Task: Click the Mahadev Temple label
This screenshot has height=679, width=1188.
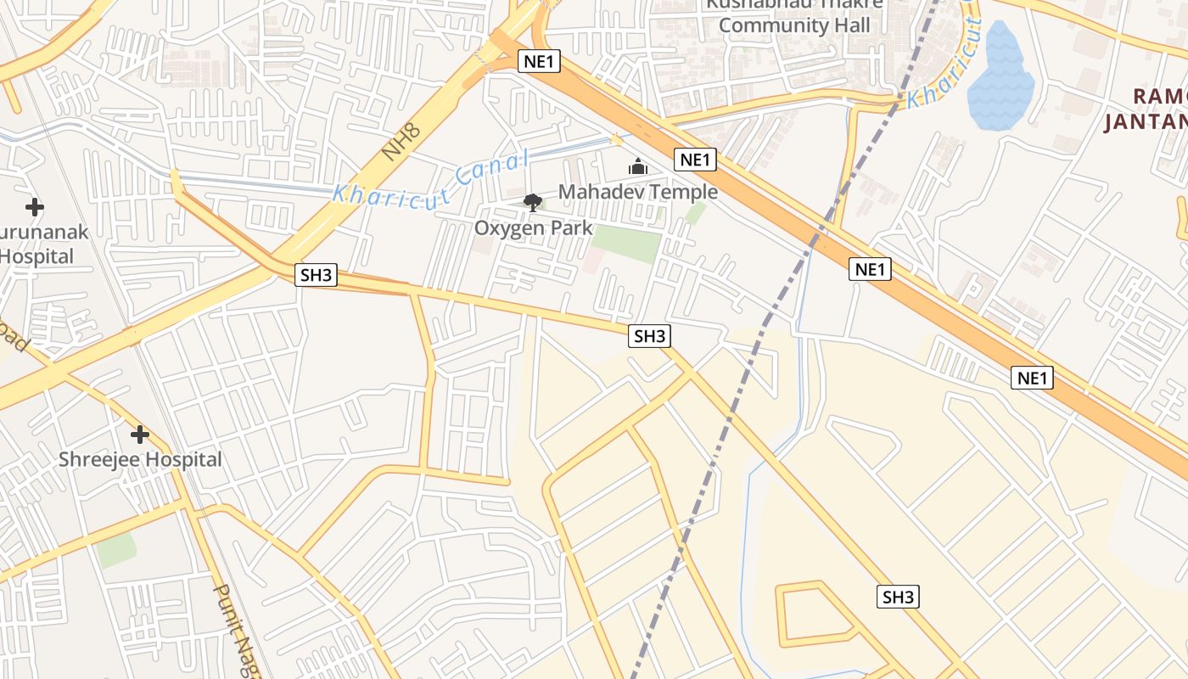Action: coord(638,192)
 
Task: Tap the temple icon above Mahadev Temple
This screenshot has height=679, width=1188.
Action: coord(638,166)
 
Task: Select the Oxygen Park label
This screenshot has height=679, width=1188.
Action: coord(533,227)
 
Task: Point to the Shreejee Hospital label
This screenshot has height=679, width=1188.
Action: coord(140,460)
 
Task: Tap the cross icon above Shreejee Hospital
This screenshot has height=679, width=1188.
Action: coord(140,435)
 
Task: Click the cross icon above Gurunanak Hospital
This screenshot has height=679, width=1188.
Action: coord(35,207)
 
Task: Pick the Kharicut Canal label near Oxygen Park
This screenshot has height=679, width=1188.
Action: coord(430,179)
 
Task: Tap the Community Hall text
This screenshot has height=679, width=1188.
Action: coord(794,25)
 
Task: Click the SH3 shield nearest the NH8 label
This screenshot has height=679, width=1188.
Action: coord(317,275)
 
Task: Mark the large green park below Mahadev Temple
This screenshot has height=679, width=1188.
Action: coord(627,244)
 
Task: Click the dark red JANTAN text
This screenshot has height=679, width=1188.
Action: coord(1145,122)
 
